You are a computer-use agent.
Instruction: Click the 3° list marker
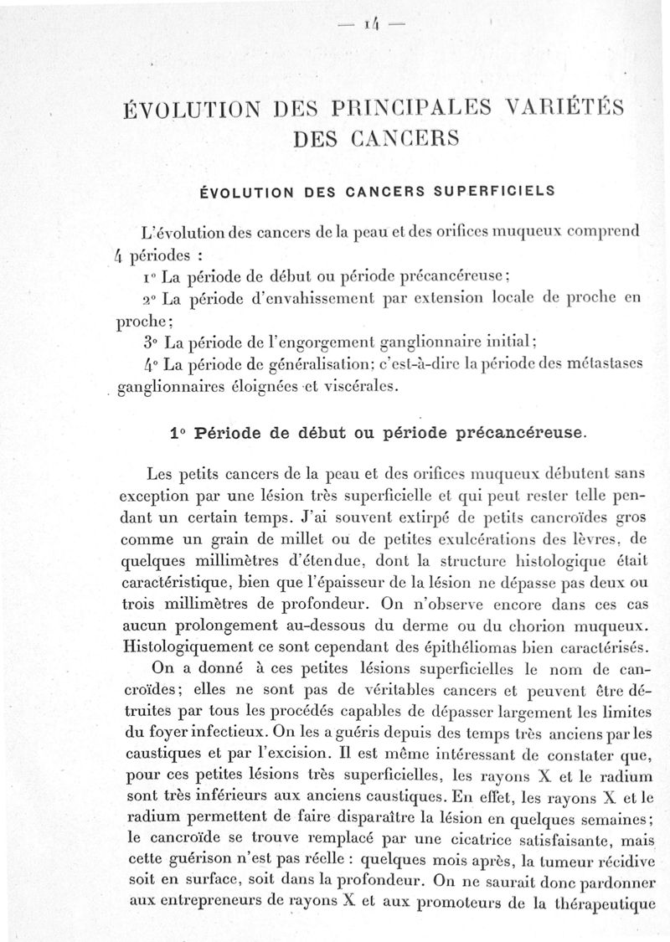(x=152, y=341)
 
